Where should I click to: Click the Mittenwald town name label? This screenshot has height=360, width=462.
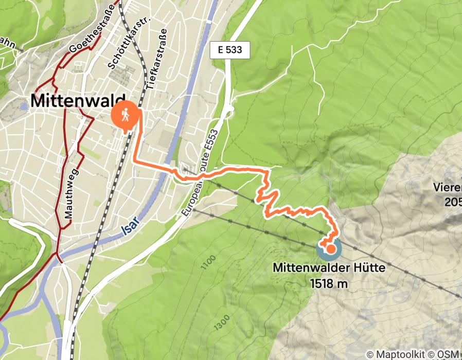78,100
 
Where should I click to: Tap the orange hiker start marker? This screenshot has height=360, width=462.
125,115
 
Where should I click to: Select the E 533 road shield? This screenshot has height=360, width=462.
230,50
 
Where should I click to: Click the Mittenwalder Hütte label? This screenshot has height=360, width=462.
329,268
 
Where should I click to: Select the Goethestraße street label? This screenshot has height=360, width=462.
84,41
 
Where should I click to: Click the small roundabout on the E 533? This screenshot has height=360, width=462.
230,109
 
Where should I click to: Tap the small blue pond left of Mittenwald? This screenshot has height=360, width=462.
23,107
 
